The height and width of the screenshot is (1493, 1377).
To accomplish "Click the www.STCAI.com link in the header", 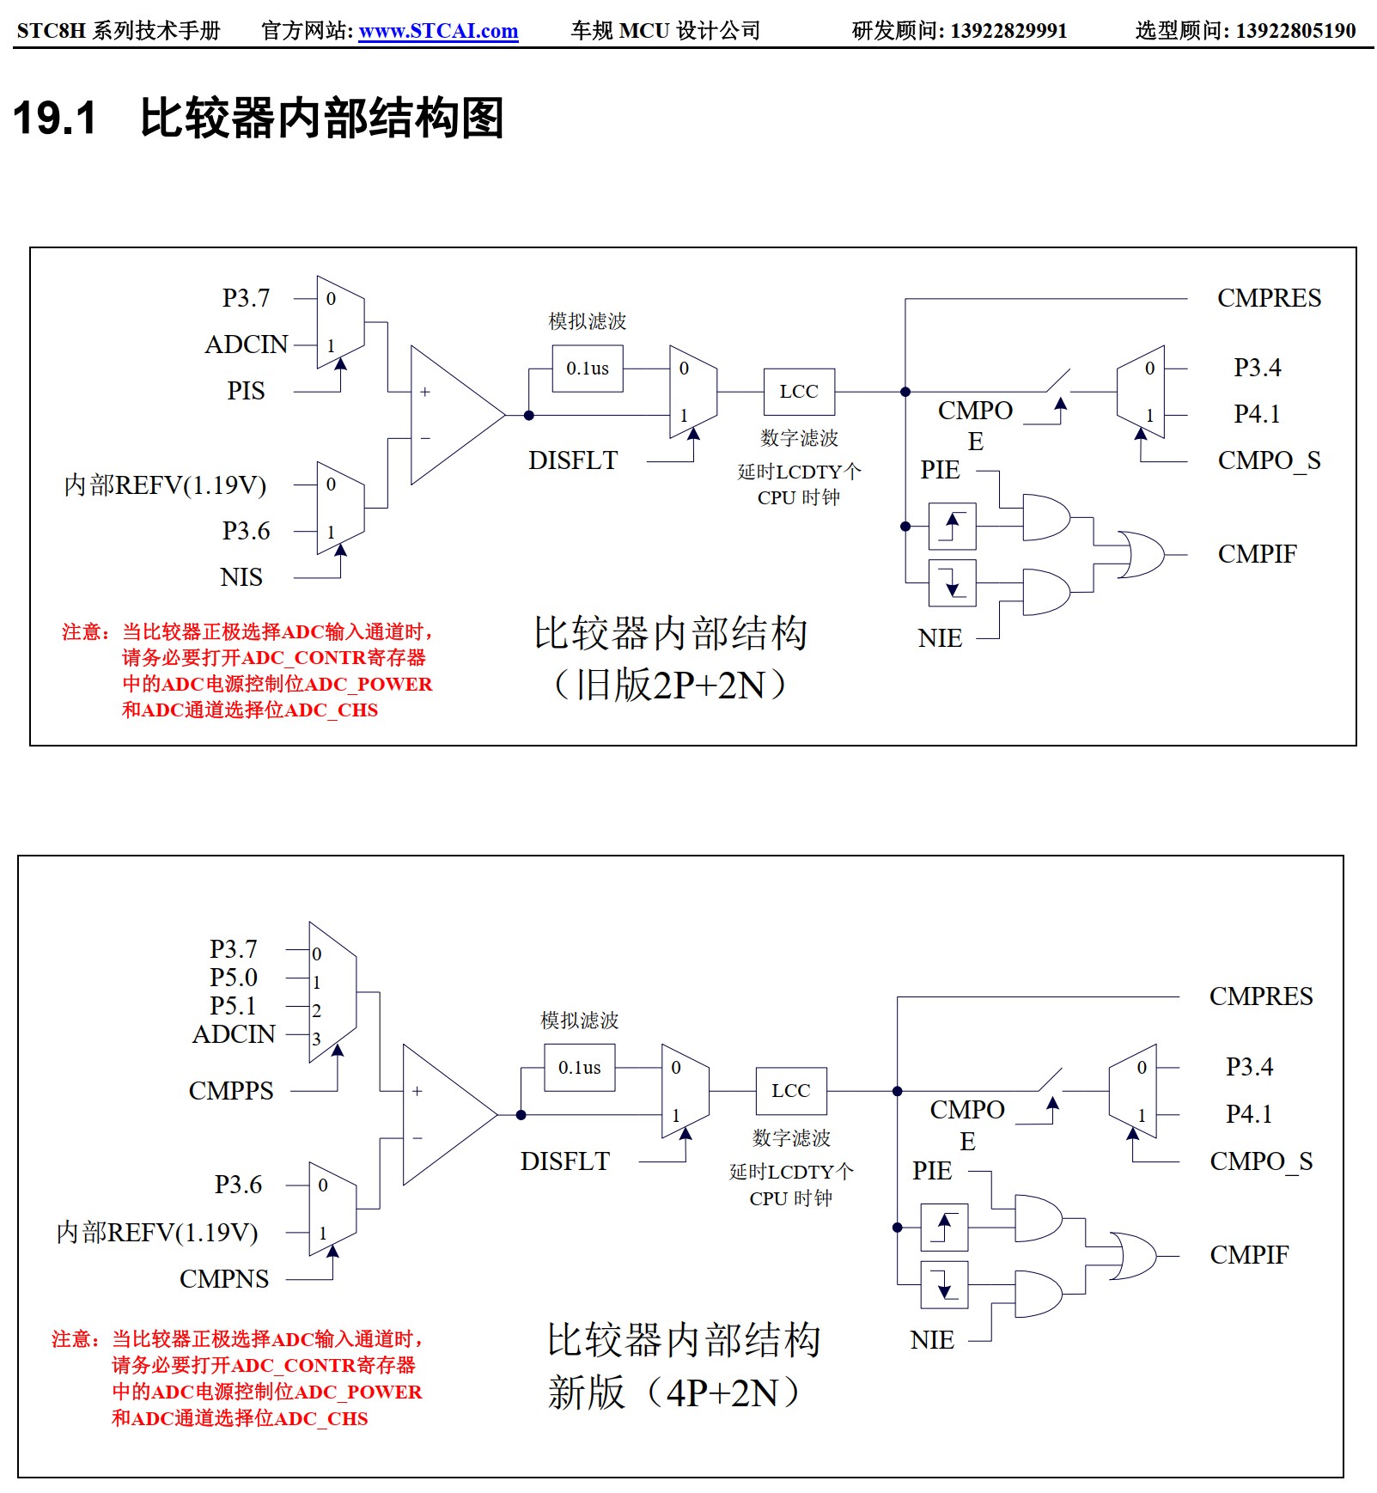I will (x=438, y=31).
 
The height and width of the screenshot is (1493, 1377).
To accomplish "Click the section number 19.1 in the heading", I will (x=55, y=118).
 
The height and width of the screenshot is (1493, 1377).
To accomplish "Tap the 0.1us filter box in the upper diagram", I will (x=588, y=369).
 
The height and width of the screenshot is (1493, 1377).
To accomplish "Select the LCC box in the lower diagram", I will (x=790, y=1091).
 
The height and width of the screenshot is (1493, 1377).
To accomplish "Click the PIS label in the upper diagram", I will (x=246, y=391).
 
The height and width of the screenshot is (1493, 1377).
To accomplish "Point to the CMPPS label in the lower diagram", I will (x=231, y=1091).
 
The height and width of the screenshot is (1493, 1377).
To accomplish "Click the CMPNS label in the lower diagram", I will (x=224, y=1279).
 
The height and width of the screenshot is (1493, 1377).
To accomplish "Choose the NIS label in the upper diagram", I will (x=241, y=577).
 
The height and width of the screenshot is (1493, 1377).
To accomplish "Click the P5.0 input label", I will (x=234, y=978).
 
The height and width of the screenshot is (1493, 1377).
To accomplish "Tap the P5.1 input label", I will (x=234, y=1006).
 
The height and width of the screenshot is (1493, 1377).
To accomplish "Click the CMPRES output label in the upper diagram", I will (x=1269, y=298).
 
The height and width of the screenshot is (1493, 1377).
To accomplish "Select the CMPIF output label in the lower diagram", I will (x=1249, y=1255).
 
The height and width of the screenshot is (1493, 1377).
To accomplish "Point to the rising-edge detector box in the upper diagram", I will (x=952, y=526).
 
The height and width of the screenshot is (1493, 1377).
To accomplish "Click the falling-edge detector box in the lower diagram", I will (x=944, y=1284).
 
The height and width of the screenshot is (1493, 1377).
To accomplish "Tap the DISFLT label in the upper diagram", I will (x=573, y=460).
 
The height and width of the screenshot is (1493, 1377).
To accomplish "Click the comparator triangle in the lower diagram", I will (x=442, y=1115).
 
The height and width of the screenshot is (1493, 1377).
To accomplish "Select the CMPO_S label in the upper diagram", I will (x=1269, y=460).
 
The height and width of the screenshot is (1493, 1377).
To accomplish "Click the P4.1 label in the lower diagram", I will (x=1249, y=1114).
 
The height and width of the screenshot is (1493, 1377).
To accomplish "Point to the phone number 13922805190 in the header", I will (x=1295, y=31).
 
